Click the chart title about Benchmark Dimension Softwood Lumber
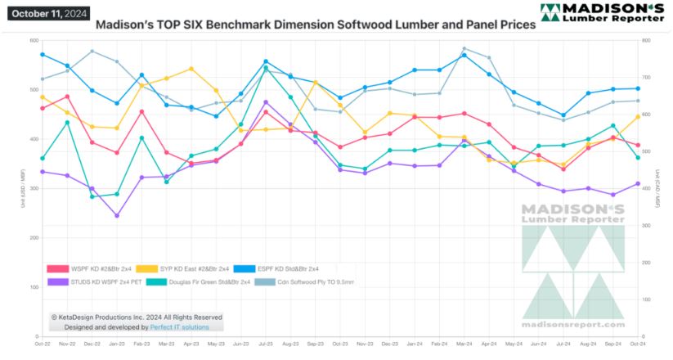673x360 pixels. point(316,25)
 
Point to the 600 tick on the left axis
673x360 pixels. point(33,40)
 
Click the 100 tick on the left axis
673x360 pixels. point(34,287)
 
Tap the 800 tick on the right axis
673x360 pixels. point(646,40)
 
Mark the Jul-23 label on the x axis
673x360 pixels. point(266,344)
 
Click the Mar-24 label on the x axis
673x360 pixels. point(464,344)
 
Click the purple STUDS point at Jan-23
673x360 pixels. point(117,216)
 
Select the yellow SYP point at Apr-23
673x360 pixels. point(191,69)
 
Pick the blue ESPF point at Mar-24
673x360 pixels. point(464,55)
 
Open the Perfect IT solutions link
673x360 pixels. point(179,327)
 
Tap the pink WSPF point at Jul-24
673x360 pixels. point(564,169)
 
